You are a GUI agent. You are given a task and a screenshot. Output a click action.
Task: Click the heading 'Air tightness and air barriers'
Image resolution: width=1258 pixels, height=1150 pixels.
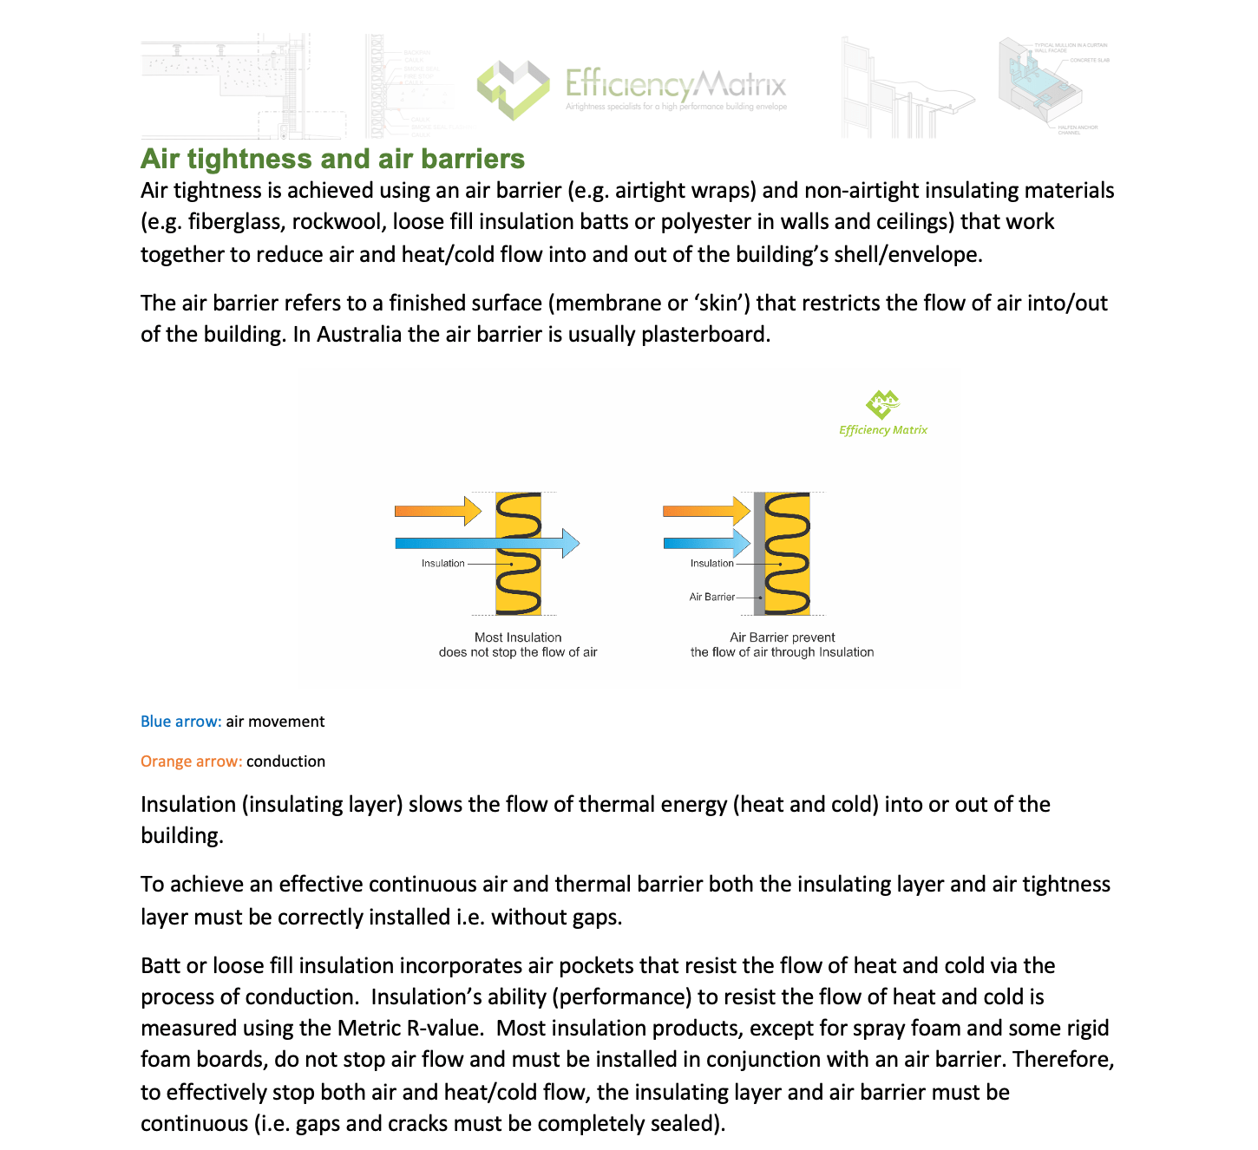click(x=332, y=159)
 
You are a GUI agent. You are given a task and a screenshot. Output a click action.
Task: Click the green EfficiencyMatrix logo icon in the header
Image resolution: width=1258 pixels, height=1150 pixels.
click(x=513, y=88)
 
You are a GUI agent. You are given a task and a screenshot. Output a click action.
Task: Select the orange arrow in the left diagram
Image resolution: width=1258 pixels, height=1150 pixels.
click(x=437, y=511)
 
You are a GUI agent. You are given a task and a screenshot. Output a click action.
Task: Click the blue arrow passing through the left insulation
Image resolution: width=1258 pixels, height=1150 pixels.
click(x=486, y=544)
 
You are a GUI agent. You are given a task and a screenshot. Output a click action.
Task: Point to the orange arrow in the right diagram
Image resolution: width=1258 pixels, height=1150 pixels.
click(x=705, y=511)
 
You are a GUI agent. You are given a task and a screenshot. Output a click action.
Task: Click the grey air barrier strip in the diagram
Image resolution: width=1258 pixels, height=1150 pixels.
click(x=759, y=555)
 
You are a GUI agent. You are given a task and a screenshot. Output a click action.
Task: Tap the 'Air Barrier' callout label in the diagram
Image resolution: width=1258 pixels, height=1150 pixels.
click(x=711, y=597)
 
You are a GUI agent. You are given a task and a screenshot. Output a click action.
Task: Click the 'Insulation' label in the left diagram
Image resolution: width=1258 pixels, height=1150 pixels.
click(x=442, y=564)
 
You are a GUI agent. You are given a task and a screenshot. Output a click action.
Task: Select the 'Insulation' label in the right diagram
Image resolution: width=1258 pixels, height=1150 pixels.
click(x=711, y=564)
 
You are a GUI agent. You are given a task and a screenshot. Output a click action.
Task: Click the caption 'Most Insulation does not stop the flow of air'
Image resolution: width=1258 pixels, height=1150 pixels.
click(x=518, y=644)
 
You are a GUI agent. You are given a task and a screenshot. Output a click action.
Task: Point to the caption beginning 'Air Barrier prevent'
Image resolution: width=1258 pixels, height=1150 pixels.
click(x=782, y=644)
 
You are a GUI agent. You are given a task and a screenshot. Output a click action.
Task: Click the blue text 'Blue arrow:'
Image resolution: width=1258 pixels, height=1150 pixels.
click(x=180, y=722)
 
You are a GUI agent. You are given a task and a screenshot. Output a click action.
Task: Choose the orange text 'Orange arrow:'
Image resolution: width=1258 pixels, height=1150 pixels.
click(x=191, y=761)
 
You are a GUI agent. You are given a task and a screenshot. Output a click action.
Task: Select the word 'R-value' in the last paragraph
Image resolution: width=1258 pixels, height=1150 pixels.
click(x=443, y=1029)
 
